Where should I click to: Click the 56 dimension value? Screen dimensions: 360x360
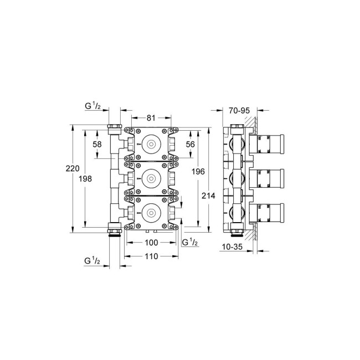pos(191,143)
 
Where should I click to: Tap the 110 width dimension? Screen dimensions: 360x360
pos(152,256)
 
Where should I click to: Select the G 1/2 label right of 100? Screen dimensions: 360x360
pos(190,243)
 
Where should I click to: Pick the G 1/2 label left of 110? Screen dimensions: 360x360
pos(92,260)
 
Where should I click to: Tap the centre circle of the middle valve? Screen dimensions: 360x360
pos(150,178)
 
